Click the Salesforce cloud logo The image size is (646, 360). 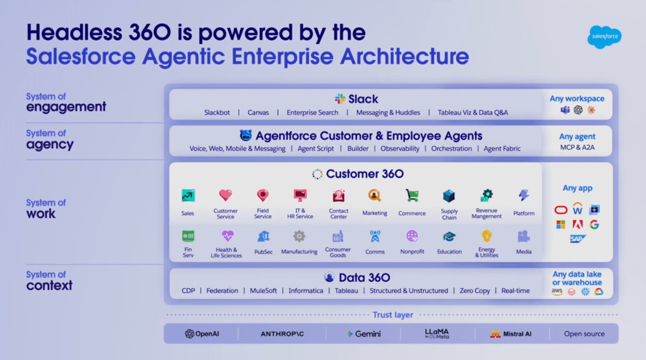(604, 37)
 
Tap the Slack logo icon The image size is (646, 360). (340, 99)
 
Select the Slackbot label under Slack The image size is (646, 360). (217, 113)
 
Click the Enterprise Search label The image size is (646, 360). (312, 113)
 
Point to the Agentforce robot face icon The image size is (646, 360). (246, 136)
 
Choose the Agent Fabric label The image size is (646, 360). (502, 149)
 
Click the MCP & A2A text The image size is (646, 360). (577, 148)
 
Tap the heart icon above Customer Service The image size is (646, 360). (225, 195)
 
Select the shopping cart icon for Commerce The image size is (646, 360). (412, 195)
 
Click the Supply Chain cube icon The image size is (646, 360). (449, 195)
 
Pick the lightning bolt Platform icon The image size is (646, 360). (524, 195)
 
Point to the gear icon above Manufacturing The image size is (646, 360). (299, 236)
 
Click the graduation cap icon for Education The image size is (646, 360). (449, 236)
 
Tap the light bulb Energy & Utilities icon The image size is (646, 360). (486, 236)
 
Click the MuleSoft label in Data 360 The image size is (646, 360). (264, 291)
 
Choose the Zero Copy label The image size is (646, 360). (474, 291)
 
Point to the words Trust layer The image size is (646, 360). (392, 315)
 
